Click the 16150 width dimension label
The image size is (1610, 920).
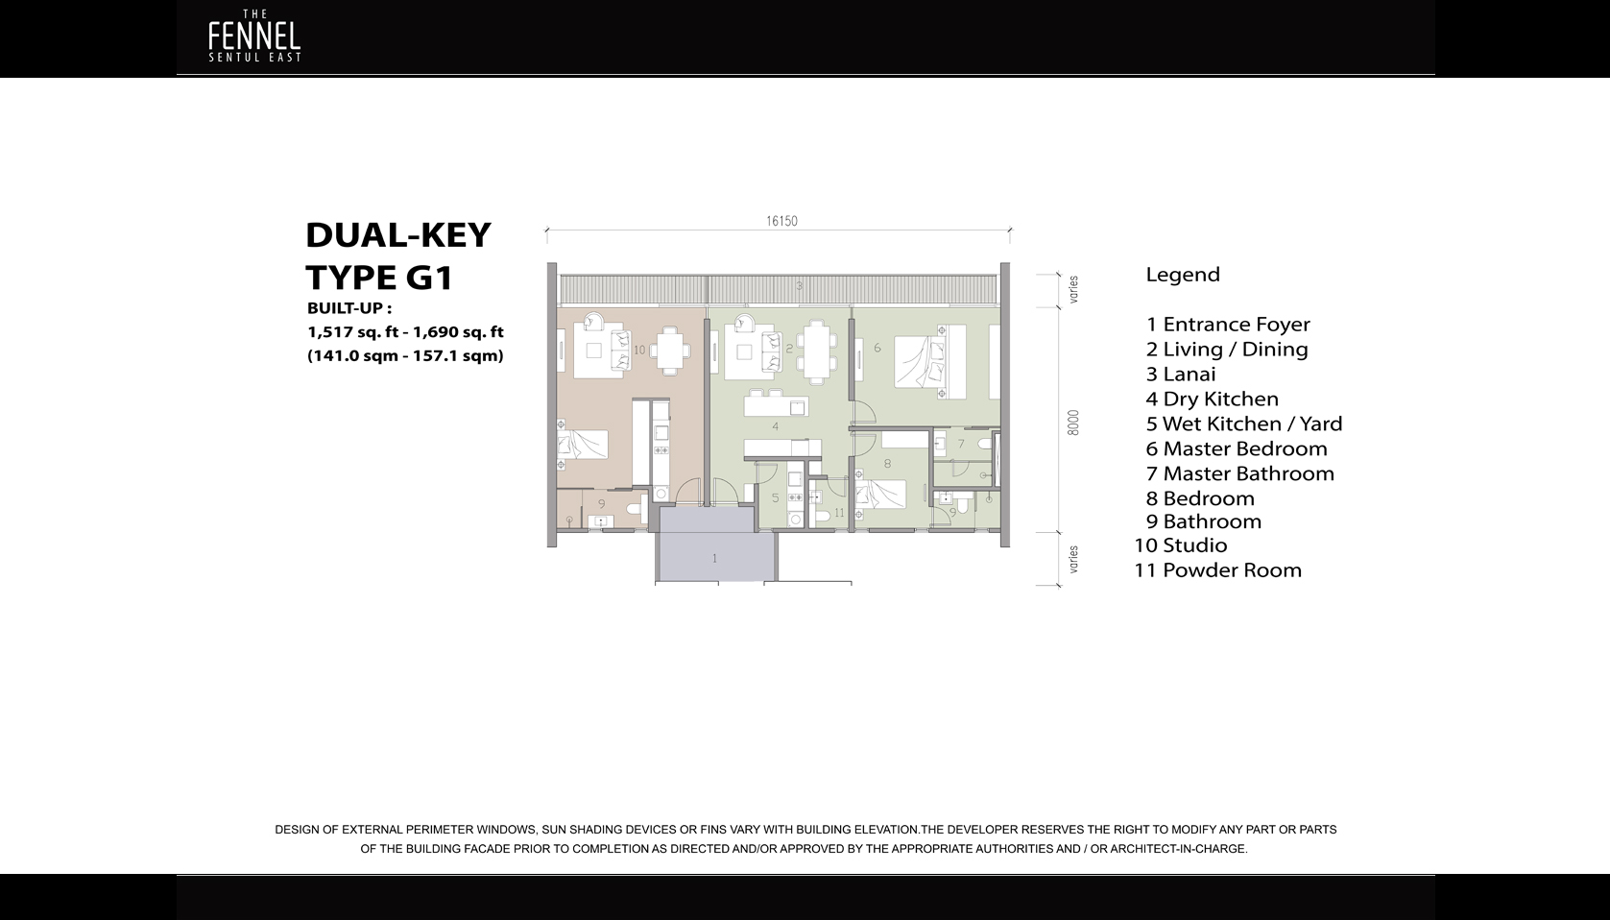(781, 221)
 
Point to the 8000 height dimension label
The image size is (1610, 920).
(1073, 423)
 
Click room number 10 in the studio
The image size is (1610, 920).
(639, 351)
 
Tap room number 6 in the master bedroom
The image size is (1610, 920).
(877, 348)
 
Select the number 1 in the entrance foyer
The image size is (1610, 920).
(714, 558)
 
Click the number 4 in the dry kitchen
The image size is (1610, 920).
(775, 426)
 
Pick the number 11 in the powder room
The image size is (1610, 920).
(839, 513)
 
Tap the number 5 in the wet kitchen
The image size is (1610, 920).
(776, 498)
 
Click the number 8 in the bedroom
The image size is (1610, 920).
(887, 464)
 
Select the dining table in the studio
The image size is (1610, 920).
(671, 350)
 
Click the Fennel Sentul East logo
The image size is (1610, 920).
(254, 38)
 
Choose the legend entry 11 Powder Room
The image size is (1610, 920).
(1217, 569)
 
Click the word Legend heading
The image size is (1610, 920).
(1183, 275)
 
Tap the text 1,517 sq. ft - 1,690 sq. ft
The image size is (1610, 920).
(405, 332)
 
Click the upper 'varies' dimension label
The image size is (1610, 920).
(1073, 289)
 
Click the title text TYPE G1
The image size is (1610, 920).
(379, 278)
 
